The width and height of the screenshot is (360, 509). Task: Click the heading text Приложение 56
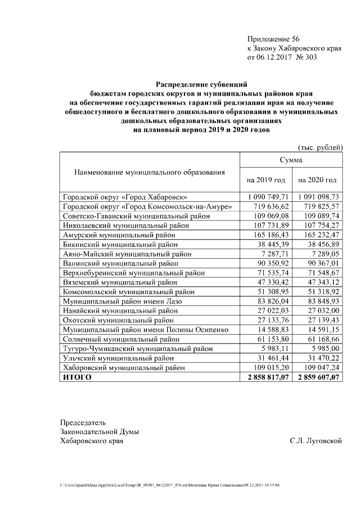point(273,39)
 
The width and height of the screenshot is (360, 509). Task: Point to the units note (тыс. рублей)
point(320,147)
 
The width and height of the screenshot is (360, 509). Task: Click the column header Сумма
point(291,160)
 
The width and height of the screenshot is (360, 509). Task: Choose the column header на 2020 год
point(317,180)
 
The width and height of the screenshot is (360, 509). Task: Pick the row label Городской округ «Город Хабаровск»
point(125,197)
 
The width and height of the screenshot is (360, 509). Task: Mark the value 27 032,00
point(322,311)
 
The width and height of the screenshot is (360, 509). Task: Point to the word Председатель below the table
point(83,422)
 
